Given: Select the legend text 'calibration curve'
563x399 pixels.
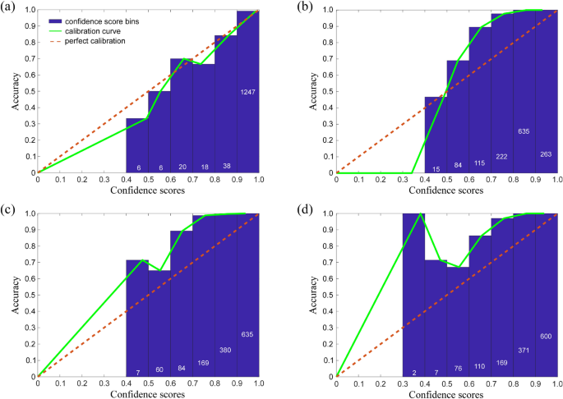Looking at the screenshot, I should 104,30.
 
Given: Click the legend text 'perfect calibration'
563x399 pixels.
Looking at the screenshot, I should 108,40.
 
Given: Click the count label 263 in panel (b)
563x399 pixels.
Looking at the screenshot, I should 546,153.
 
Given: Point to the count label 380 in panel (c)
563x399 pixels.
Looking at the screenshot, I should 225,350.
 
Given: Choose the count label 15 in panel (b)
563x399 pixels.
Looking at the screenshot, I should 436,168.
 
